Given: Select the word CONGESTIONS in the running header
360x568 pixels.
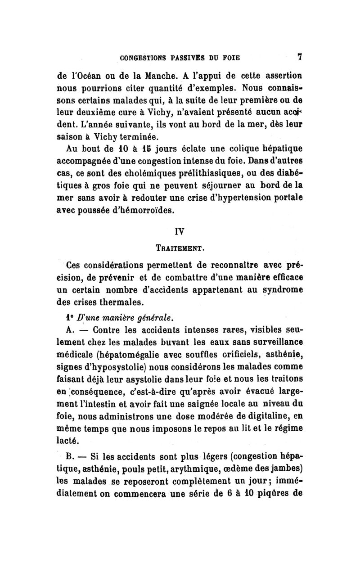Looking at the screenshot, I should pos(141,58).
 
